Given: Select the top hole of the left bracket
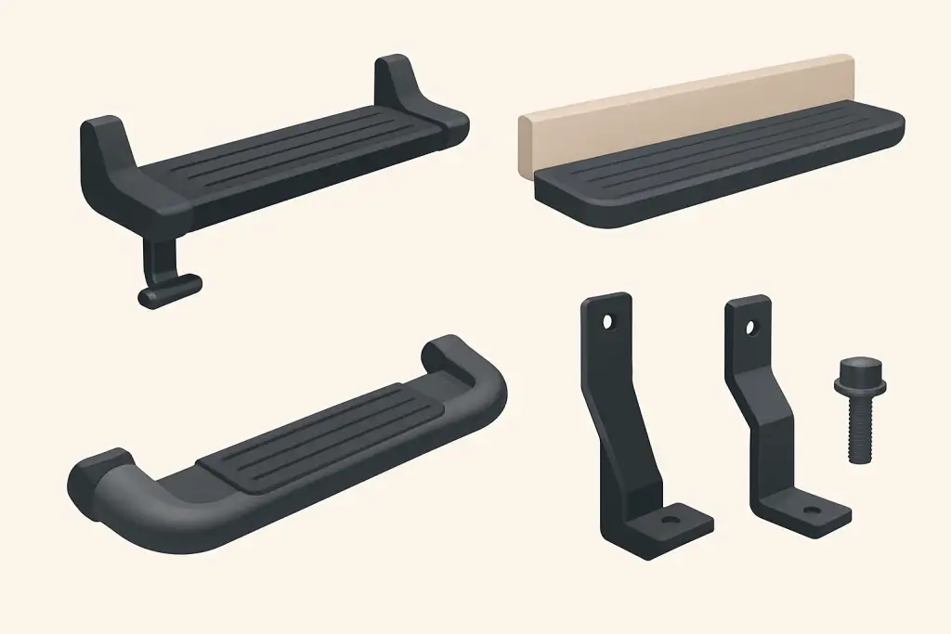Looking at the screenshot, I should pyautogui.click(x=607, y=322).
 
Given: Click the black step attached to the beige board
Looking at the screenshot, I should pyautogui.click(x=706, y=172).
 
